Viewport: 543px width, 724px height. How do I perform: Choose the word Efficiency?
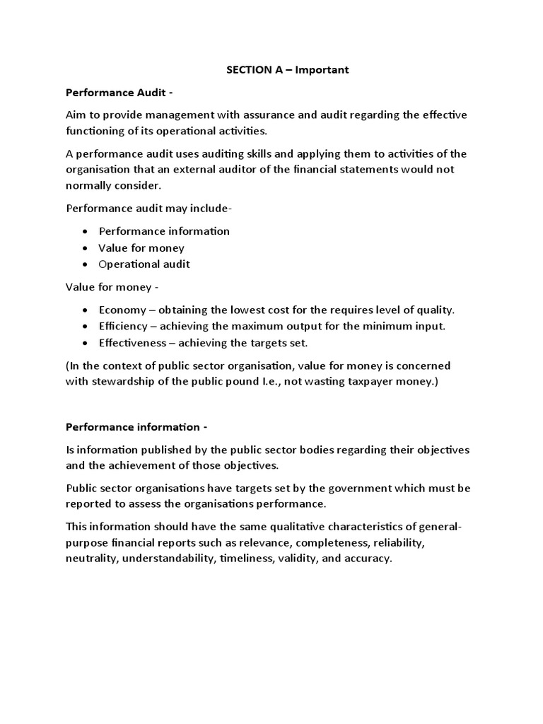[x=124, y=327]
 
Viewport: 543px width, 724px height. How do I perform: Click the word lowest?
[x=239, y=310]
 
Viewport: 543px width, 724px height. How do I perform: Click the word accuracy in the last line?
[x=366, y=559]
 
